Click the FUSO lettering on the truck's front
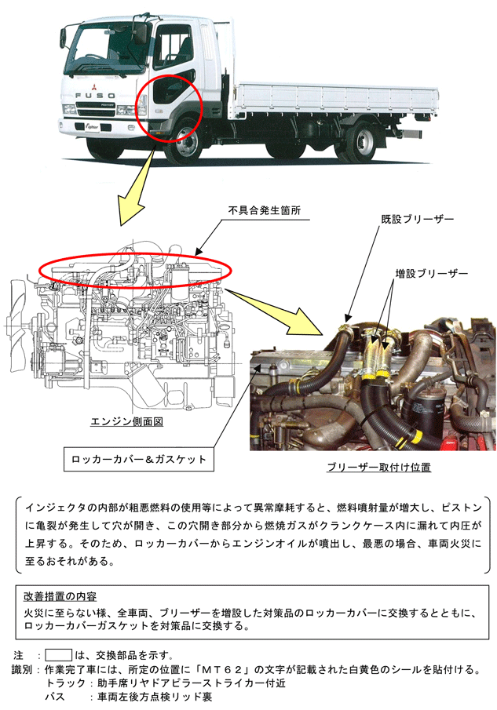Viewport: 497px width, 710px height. pyautogui.click(x=95, y=96)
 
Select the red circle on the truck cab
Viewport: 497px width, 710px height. pyautogui.click(x=169, y=109)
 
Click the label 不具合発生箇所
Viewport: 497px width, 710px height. pyautogui.click(x=264, y=210)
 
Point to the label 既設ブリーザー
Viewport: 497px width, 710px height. pyautogui.click(x=417, y=219)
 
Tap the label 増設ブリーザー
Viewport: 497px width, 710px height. pyautogui.click(x=431, y=274)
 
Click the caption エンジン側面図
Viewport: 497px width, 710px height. pyautogui.click(x=126, y=421)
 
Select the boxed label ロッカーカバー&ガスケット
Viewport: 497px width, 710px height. pyautogui.click(x=139, y=459)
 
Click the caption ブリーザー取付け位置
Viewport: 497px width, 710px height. pyautogui.click(x=378, y=468)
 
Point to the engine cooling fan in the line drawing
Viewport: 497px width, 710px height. pyautogui.click(x=17, y=323)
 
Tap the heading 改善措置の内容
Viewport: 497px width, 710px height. pyautogui.click(x=60, y=596)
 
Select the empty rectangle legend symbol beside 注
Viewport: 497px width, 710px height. pyautogui.click(x=58, y=655)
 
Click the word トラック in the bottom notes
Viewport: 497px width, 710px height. pyautogui.click(x=65, y=683)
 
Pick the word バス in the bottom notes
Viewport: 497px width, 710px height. pyautogui.click(x=55, y=697)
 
